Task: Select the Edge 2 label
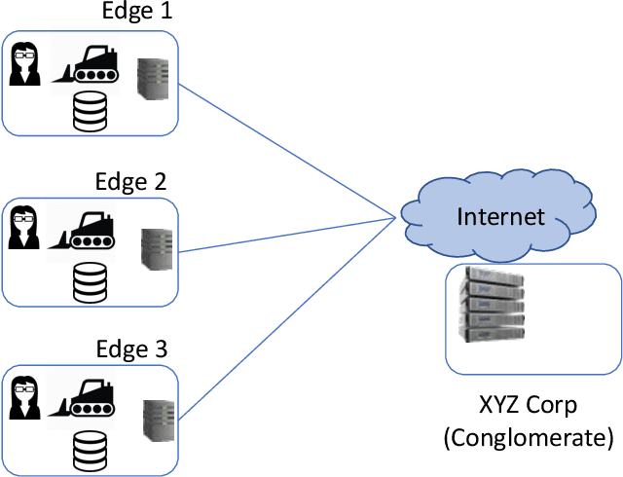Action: pyautogui.click(x=130, y=181)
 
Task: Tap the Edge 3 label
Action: pyautogui.click(x=130, y=349)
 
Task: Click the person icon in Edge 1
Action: pyautogui.click(x=24, y=64)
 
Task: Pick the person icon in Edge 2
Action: pyautogui.click(x=24, y=231)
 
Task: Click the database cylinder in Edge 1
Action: pyautogui.click(x=91, y=113)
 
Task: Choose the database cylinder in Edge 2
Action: pyautogui.click(x=91, y=280)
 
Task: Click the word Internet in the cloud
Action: pyautogui.click(x=500, y=215)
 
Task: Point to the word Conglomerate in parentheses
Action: pyautogui.click(x=528, y=437)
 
